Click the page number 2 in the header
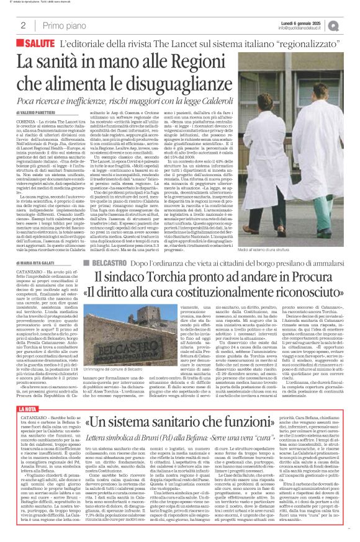click(x=23, y=25)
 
